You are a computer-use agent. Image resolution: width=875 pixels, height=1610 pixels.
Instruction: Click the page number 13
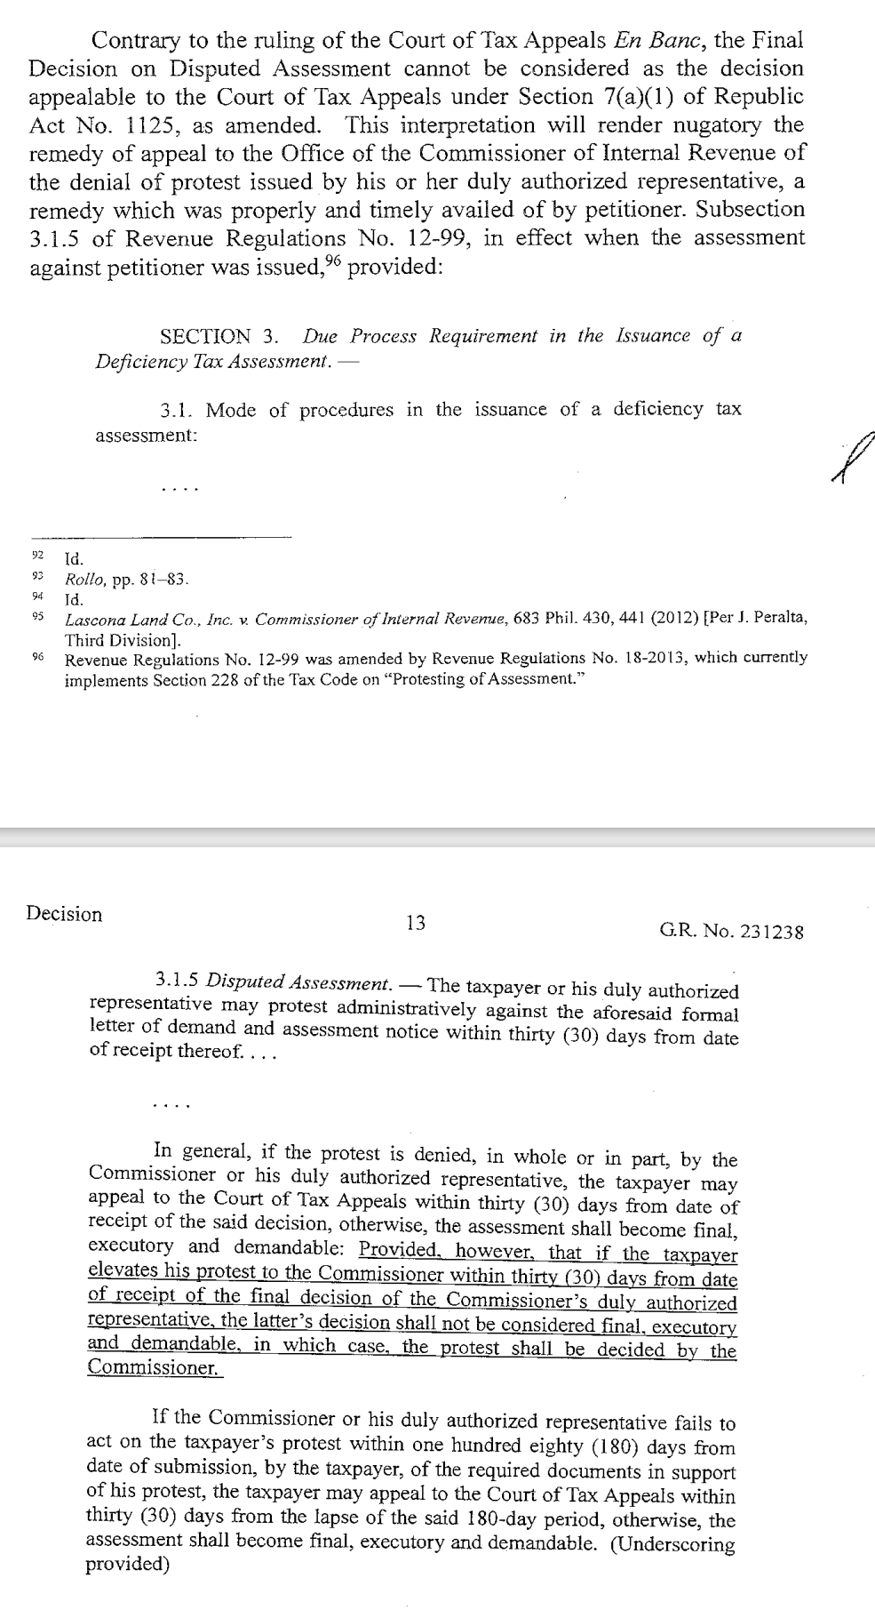415,923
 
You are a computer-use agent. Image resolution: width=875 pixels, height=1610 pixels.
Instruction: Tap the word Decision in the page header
64,914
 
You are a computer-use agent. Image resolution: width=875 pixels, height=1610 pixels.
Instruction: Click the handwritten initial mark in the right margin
853,455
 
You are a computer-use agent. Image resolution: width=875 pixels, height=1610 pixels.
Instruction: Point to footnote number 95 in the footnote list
37,615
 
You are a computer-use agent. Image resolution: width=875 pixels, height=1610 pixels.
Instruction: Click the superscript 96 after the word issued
330,261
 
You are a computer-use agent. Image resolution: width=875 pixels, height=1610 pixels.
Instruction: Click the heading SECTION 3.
219,337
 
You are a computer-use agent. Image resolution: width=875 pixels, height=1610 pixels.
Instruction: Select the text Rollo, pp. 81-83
126,580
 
